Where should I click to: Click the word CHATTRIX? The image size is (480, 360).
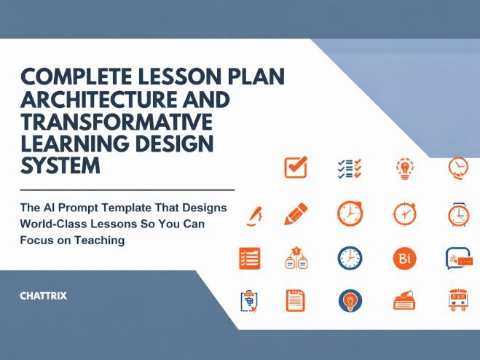coord(43,297)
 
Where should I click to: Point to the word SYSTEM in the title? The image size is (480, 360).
coord(60,165)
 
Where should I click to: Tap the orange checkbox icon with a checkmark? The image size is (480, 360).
coord(295,168)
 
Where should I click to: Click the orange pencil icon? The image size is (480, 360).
coord(296,214)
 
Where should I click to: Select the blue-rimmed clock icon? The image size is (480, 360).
coord(350,257)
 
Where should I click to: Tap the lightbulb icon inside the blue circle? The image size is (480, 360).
coord(350,300)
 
